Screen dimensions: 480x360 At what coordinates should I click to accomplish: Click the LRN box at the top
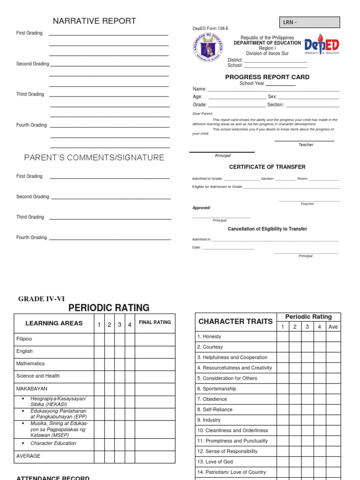click(x=310, y=22)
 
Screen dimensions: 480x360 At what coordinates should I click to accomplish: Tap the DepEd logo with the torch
click(x=322, y=45)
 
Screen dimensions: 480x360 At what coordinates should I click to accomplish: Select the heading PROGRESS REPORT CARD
click(x=267, y=77)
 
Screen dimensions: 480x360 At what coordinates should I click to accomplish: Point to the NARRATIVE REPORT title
click(x=94, y=21)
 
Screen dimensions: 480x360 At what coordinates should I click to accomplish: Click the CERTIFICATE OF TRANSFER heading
click(x=267, y=167)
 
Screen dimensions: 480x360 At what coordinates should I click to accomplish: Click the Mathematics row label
click(x=30, y=363)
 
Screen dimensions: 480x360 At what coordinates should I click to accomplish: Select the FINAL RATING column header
click(x=155, y=322)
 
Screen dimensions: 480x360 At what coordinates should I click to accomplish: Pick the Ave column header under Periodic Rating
click(x=333, y=327)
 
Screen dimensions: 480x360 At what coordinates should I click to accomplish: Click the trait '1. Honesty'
click(x=209, y=337)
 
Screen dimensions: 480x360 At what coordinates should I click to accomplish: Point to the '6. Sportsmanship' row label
click(x=217, y=389)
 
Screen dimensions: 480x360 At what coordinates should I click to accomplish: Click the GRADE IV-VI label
click(x=41, y=299)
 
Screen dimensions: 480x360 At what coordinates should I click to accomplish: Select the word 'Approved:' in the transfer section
click(x=202, y=208)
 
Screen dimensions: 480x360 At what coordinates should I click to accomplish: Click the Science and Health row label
click(x=38, y=375)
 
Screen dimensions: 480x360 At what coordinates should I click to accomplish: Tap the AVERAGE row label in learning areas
click(x=28, y=456)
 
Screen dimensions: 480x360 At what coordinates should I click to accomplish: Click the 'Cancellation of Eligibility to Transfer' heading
click(x=267, y=229)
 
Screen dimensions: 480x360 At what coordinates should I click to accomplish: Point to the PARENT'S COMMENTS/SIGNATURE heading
click(x=94, y=158)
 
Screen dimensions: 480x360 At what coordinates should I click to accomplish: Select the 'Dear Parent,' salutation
click(x=202, y=113)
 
